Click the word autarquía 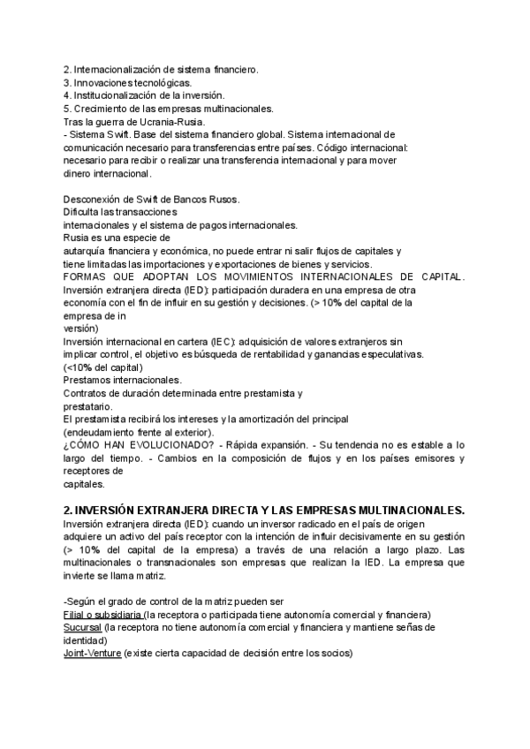click(x=87, y=252)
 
